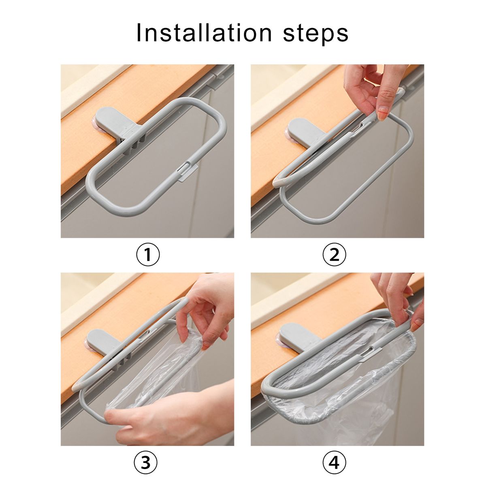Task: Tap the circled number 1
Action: [x=148, y=255]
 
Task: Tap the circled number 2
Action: [x=335, y=255]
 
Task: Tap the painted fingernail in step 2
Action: [x=382, y=114]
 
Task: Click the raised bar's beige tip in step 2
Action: [x=278, y=183]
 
